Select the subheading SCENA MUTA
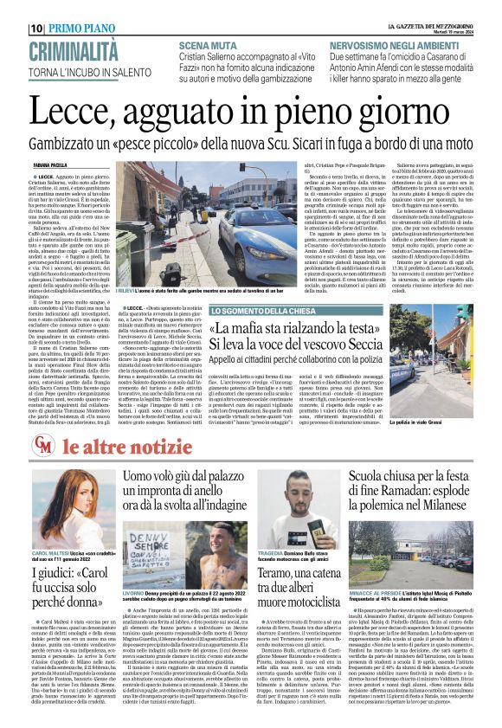pos(209,44)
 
